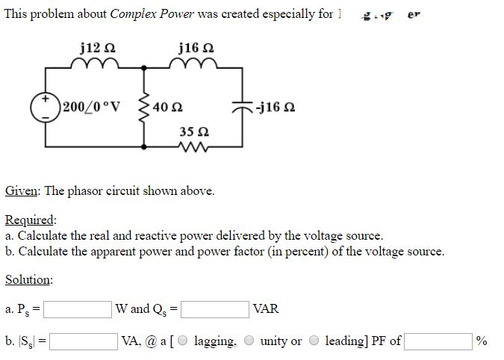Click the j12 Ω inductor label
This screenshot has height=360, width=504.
[97, 48]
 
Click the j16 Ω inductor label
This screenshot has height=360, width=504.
[196, 48]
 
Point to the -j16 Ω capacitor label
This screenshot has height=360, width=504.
[273, 107]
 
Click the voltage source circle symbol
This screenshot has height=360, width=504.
[44, 107]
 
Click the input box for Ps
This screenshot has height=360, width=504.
[81, 309]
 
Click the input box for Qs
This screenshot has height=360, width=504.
[215, 309]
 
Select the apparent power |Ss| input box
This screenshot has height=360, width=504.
[84, 341]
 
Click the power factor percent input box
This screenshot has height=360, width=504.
[438, 341]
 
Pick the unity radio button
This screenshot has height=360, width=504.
[249, 341]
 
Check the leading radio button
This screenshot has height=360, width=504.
[314, 341]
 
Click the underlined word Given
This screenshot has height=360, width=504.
[22, 190]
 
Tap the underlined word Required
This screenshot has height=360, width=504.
[30, 220]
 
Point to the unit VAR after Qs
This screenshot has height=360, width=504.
[266, 309]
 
